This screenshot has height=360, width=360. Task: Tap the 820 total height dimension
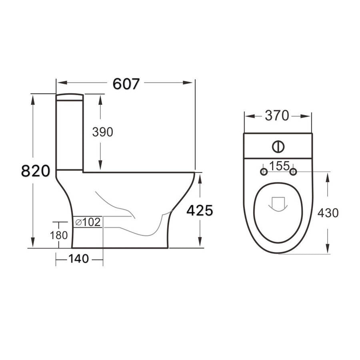point(35,171)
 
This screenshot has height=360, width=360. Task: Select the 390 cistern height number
point(103,132)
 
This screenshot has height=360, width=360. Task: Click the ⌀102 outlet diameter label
point(88,222)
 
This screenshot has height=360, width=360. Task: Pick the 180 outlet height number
point(59,235)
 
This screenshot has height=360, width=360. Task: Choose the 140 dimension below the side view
point(78,259)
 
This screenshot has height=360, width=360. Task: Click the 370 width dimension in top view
point(277,116)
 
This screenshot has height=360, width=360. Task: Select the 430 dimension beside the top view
point(328,213)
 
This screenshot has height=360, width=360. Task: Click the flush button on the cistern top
point(278,146)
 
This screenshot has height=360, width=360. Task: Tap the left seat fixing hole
point(264,172)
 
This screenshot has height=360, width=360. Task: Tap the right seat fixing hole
point(293,172)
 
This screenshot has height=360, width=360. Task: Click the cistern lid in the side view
point(70,96)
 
